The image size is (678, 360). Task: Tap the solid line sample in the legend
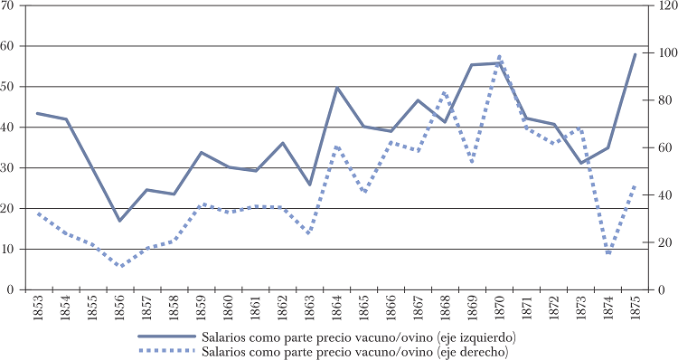pyautogui.click(x=167, y=336)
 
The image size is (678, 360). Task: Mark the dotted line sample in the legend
pyautogui.click(x=167, y=350)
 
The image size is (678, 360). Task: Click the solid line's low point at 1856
pyautogui.click(x=119, y=221)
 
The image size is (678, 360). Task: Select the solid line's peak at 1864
pyautogui.click(x=336, y=88)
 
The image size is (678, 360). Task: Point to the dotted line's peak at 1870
pyautogui.click(x=499, y=56)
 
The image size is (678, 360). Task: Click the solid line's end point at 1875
pyautogui.click(x=635, y=54)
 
